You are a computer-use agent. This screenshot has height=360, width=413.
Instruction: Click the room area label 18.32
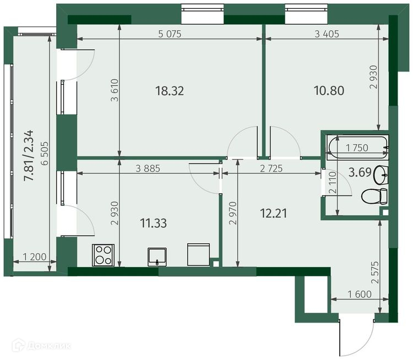point(170,91)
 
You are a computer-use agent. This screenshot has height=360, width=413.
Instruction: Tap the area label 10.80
point(329,91)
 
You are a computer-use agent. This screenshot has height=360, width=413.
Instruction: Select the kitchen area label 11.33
point(153,223)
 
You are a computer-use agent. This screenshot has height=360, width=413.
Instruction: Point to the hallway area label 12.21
point(273,213)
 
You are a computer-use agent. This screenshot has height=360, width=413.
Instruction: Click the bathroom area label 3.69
point(360,172)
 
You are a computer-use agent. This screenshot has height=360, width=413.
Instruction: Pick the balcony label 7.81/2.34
point(29,155)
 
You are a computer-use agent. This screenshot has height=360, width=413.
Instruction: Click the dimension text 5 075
point(170,34)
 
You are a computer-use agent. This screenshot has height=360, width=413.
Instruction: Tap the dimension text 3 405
point(327,34)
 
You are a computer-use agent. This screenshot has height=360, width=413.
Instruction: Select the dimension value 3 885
point(148,168)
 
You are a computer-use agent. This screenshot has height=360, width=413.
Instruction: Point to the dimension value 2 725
point(271,168)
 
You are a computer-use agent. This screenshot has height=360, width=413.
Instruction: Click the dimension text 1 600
point(360,294)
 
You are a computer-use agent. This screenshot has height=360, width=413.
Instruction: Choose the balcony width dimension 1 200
point(35,257)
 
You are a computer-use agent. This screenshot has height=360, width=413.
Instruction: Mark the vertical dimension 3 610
point(115,90)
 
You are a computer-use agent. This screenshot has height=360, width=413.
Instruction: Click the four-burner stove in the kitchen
point(104,255)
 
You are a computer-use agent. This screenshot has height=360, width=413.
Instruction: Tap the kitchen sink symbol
point(157,257)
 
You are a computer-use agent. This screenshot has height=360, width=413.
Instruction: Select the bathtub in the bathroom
point(357,147)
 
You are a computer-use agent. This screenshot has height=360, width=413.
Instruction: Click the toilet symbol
point(374,196)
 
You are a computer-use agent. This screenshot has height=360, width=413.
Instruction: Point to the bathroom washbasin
point(381,175)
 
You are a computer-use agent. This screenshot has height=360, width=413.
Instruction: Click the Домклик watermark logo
point(41,345)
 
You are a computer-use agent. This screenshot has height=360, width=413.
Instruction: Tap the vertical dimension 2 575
point(375,272)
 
